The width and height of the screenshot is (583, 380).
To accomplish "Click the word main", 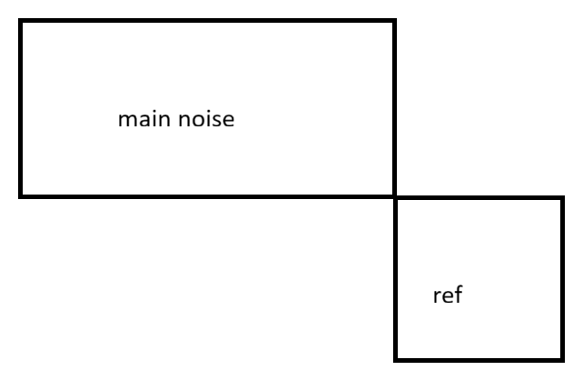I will [x=139, y=120].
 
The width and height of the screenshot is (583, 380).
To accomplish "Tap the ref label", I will [x=448, y=297].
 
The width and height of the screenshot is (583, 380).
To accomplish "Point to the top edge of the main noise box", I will [x=207, y=20].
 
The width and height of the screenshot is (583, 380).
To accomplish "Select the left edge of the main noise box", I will [x=20, y=107].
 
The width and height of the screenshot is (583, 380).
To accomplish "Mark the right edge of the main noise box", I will [x=394, y=107].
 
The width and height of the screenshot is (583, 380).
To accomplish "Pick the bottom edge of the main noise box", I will [x=207, y=195].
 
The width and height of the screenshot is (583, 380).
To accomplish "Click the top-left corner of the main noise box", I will [x=20, y=20].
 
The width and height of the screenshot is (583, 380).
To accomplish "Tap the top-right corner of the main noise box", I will [x=394, y=20].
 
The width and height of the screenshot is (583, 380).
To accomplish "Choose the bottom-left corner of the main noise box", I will [x=20, y=195].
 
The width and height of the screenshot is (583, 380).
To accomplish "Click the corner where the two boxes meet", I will [x=395, y=196].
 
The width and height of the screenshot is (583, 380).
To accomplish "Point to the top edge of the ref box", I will [x=479, y=198].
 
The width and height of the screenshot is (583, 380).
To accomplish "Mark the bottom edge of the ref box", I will [x=479, y=358].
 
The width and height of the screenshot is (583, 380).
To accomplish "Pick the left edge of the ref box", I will [x=396, y=278].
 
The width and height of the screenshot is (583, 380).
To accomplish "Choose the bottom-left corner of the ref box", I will [x=396, y=358].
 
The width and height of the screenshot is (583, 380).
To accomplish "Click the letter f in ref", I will [x=459, y=296].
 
